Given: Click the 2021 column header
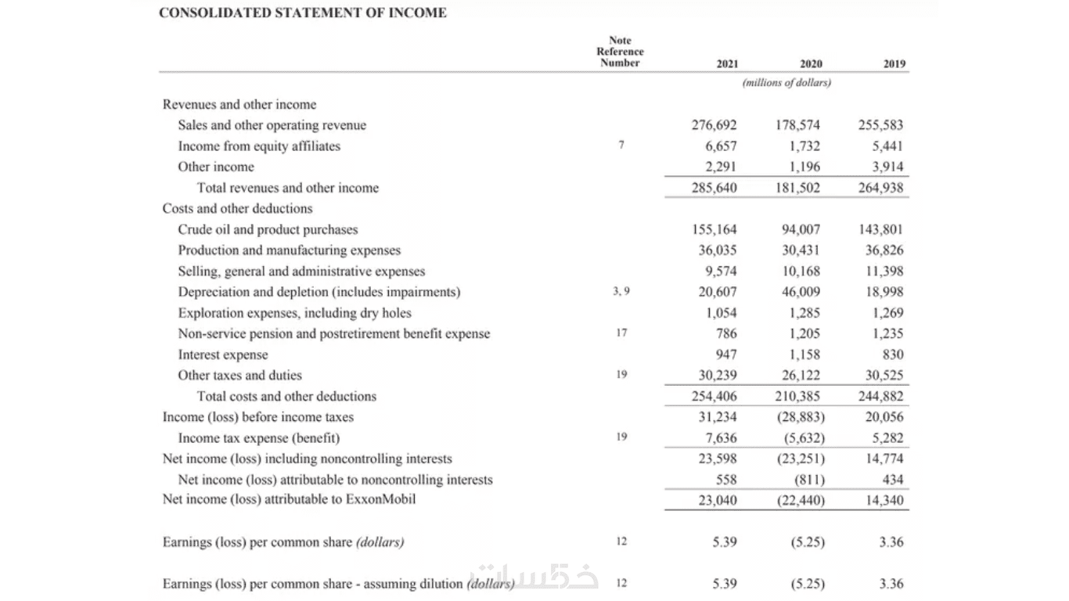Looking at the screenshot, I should [727, 64].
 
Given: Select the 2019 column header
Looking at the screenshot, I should [894, 64].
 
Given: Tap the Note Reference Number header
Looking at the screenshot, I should [620, 52].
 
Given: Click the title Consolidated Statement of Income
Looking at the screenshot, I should [302, 13].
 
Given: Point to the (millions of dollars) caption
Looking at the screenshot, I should [786, 82].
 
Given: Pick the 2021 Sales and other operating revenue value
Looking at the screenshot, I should [714, 125].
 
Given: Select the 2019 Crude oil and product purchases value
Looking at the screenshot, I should [880, 229].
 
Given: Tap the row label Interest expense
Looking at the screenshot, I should [223, 354].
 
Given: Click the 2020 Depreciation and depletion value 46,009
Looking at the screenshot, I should [800, 292].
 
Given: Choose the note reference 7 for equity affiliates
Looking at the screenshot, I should [621, 146].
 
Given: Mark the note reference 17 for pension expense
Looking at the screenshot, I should [621, 333].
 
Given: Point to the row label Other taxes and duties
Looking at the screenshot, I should [239, 375].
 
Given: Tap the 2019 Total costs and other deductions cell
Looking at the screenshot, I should [880, 396].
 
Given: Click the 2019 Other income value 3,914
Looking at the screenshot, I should [887, 167].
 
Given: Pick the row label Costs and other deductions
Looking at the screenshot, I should [237, 208].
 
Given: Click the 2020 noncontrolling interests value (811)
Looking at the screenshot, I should [809, 480].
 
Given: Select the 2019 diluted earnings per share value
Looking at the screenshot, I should [891, 584].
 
